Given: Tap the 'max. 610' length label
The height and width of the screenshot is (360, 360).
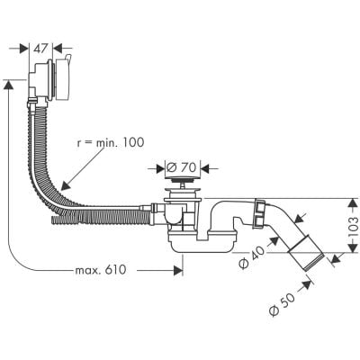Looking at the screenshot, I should click(100, 270).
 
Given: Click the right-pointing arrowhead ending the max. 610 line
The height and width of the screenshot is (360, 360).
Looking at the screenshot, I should click(179, 268).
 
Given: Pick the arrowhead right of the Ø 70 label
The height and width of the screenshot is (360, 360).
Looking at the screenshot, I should click(204, 166).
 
